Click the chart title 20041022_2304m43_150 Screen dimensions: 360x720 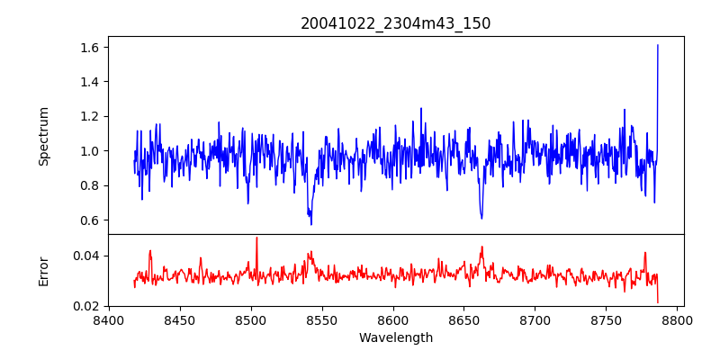coord(396,23)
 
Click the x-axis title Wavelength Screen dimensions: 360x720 coord(396,338)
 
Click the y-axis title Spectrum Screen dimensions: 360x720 coord(43,136)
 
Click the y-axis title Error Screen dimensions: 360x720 coord(43,270)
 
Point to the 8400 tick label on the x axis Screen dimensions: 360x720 coord(109,319)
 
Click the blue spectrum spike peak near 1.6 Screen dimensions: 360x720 coord(658,45)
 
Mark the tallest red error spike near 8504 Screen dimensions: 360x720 coord(256,238)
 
